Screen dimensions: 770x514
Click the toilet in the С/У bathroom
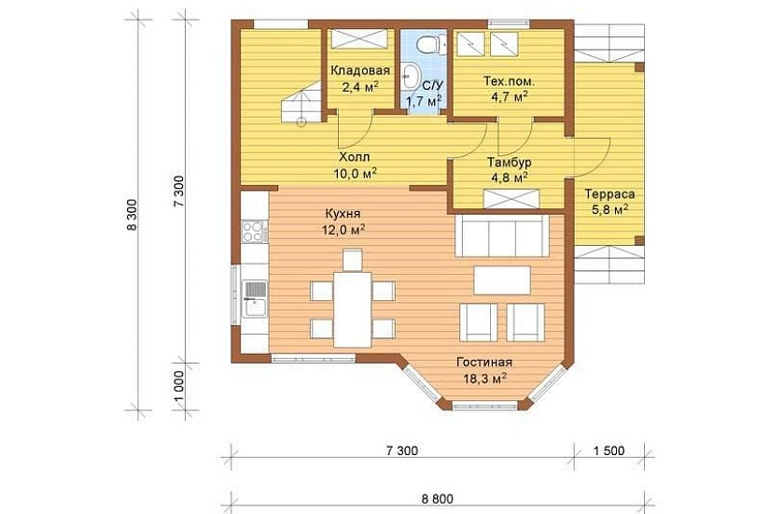click(430, 43)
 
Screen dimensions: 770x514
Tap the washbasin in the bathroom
click(408, 77)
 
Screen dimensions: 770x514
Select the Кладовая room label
click(360, 70)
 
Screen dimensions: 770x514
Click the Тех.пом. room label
click(510, 81)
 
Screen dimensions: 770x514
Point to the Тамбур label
click(510, 162)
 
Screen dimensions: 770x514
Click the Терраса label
click(609, 194)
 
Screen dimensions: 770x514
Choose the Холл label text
click(355, 157)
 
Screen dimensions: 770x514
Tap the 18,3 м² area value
click(484, 378)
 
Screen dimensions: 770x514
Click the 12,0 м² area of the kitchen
click(343, 230)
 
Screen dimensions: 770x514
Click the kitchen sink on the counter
click(255, 298)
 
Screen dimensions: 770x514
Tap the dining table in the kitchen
click(353, 309)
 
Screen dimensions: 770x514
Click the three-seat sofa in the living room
click(502, 236)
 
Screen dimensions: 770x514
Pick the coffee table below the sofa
click(502, 280)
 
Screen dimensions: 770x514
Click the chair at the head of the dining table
click(353, 260)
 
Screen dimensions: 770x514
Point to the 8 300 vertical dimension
click(132, 215)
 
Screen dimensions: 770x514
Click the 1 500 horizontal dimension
click(609, 450)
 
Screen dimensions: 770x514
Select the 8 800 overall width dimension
click(437, 499)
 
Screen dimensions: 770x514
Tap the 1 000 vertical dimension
click(179, 386)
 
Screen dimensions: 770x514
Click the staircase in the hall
click(301, 104)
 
